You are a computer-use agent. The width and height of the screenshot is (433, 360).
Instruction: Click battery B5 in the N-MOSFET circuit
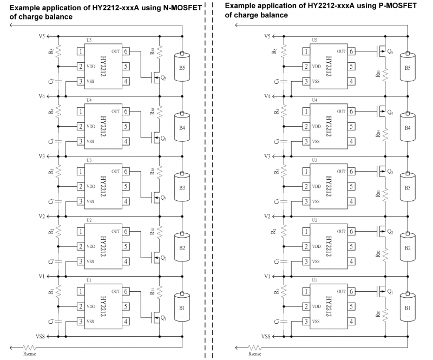tap(183, 68)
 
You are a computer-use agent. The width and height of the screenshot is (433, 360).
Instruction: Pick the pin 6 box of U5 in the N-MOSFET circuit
tap(126, 51)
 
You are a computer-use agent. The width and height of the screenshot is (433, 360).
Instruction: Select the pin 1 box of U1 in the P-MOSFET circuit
tap(307, 291)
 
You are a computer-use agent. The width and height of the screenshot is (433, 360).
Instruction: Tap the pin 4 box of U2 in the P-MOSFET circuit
tap(352, 261)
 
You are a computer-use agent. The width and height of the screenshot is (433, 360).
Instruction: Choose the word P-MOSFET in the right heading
tap(395, 6)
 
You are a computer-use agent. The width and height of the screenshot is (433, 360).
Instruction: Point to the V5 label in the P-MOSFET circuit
tap(267, 36)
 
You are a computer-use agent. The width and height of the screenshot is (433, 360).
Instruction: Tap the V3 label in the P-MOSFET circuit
tap(267, 156)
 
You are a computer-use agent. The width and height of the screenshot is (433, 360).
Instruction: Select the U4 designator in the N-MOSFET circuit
tap(89, 100)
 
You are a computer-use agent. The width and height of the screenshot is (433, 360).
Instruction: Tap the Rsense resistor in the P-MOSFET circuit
tap(252, 346)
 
